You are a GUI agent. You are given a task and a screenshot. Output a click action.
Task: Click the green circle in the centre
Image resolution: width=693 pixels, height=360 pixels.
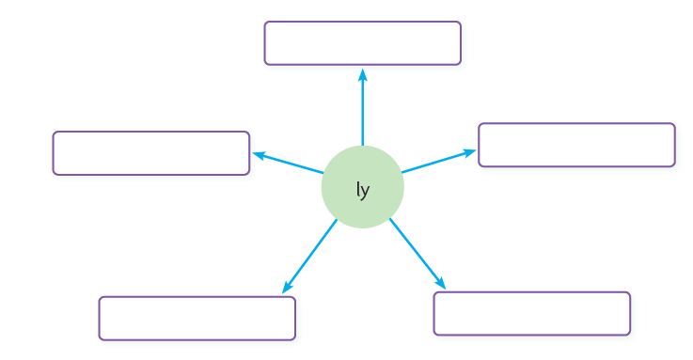(x=362, y=187)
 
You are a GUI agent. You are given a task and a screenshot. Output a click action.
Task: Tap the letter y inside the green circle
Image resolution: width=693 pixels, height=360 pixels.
(x=365, y=192)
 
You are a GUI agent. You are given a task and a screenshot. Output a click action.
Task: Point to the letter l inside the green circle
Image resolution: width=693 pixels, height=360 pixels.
(x=357, y=189)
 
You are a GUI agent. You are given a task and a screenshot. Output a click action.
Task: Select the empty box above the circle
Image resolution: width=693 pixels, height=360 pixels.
(x=362, y=43)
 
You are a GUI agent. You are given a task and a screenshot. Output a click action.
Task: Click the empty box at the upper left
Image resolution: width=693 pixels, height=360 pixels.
(x=151, y=153)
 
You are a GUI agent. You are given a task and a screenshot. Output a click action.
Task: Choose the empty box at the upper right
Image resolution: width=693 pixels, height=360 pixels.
(x=576, y=145)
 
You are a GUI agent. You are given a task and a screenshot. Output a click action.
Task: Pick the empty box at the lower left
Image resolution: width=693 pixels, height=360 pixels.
(x=197, y=319)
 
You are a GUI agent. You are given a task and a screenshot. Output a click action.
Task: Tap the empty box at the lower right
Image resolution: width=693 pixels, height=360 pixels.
(x=532, y=314)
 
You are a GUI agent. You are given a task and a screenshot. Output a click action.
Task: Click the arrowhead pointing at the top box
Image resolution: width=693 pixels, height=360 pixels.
(x=363, y=75)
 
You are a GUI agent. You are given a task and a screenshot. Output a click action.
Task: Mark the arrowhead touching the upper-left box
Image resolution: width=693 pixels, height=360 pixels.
(x=259, y=155)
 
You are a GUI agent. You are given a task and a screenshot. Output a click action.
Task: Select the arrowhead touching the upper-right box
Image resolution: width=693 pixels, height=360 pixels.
(x=469, y=153)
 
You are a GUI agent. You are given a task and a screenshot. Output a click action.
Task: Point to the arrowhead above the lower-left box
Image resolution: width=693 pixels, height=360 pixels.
(x=287, y=288)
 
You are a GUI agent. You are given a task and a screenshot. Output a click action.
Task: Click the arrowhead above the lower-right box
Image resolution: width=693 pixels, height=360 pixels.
(x=440, y=283)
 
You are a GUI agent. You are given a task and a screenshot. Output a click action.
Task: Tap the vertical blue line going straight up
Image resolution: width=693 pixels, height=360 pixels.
(x=363, y=107)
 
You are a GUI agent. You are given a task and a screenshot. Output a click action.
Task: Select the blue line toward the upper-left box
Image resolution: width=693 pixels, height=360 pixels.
(x=288, y=163)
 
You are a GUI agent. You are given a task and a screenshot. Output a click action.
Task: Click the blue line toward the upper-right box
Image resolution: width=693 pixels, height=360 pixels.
(x=439, y=162)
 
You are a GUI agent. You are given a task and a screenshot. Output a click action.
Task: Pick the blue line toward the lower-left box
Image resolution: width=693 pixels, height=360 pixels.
(x=309, y=257)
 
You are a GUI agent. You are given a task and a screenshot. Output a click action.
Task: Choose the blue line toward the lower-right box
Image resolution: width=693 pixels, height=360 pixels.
(x=417, y=254)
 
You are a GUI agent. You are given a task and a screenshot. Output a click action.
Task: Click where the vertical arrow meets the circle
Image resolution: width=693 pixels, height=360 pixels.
(x=363, y=146)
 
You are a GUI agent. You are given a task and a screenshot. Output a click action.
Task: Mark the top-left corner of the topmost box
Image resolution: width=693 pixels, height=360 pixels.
(x=265, y=22)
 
